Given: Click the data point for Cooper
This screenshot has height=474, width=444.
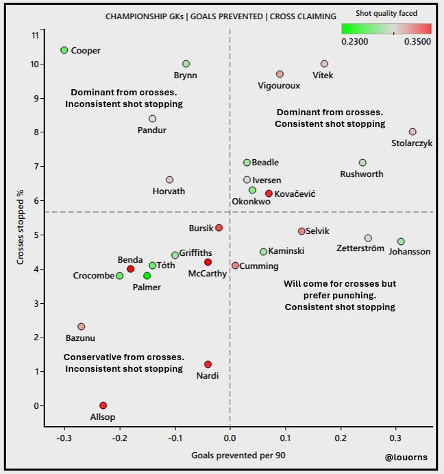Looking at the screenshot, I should [x=64, y=50].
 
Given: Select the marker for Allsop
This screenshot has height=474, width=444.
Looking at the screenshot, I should [x=103, y=405].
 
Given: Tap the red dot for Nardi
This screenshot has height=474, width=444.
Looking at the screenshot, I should [x=208, y=364].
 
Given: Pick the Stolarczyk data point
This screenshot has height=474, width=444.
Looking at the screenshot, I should [x=412, y=132].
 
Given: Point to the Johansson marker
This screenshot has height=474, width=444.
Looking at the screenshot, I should [x=401, y=241].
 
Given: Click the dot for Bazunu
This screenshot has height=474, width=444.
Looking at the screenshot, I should [x=82, y=327].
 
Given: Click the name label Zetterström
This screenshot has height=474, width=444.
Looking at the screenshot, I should [x=360, y=248].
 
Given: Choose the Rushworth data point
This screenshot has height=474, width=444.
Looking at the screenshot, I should [x=362, y=163].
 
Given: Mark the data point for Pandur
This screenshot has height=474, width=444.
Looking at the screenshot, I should [x=152, y=119].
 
